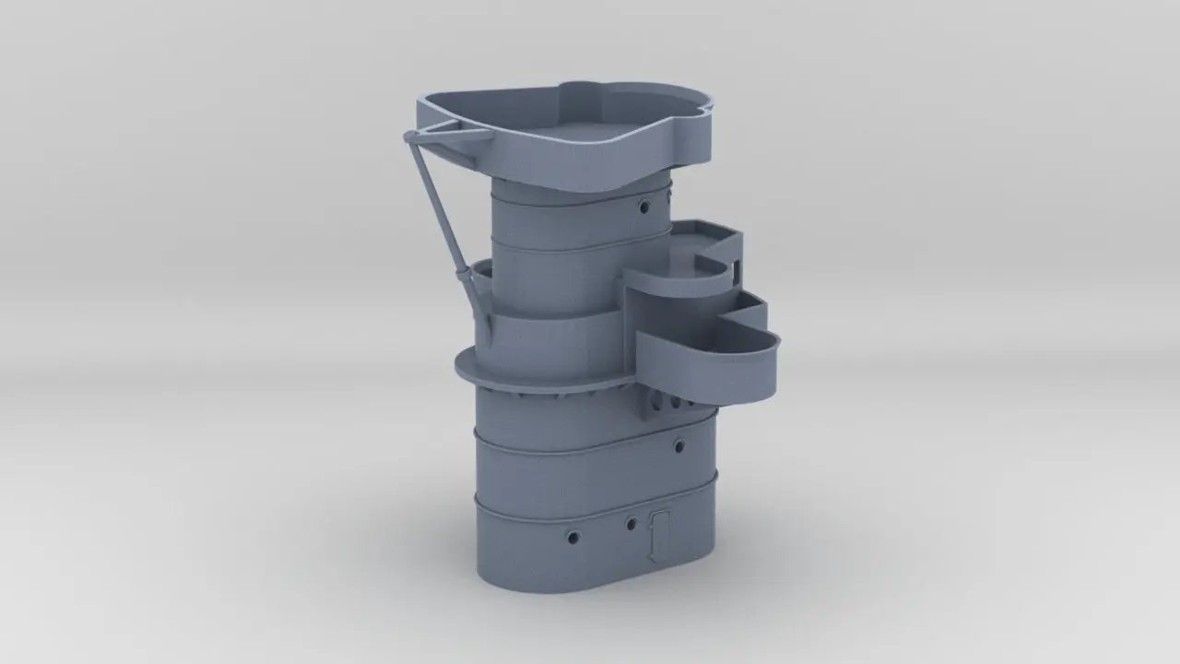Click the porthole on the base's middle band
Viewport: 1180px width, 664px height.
point(679,446)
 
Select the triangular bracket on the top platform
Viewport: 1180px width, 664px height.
point(452,133)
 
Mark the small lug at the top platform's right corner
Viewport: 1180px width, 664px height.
point(705,103)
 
